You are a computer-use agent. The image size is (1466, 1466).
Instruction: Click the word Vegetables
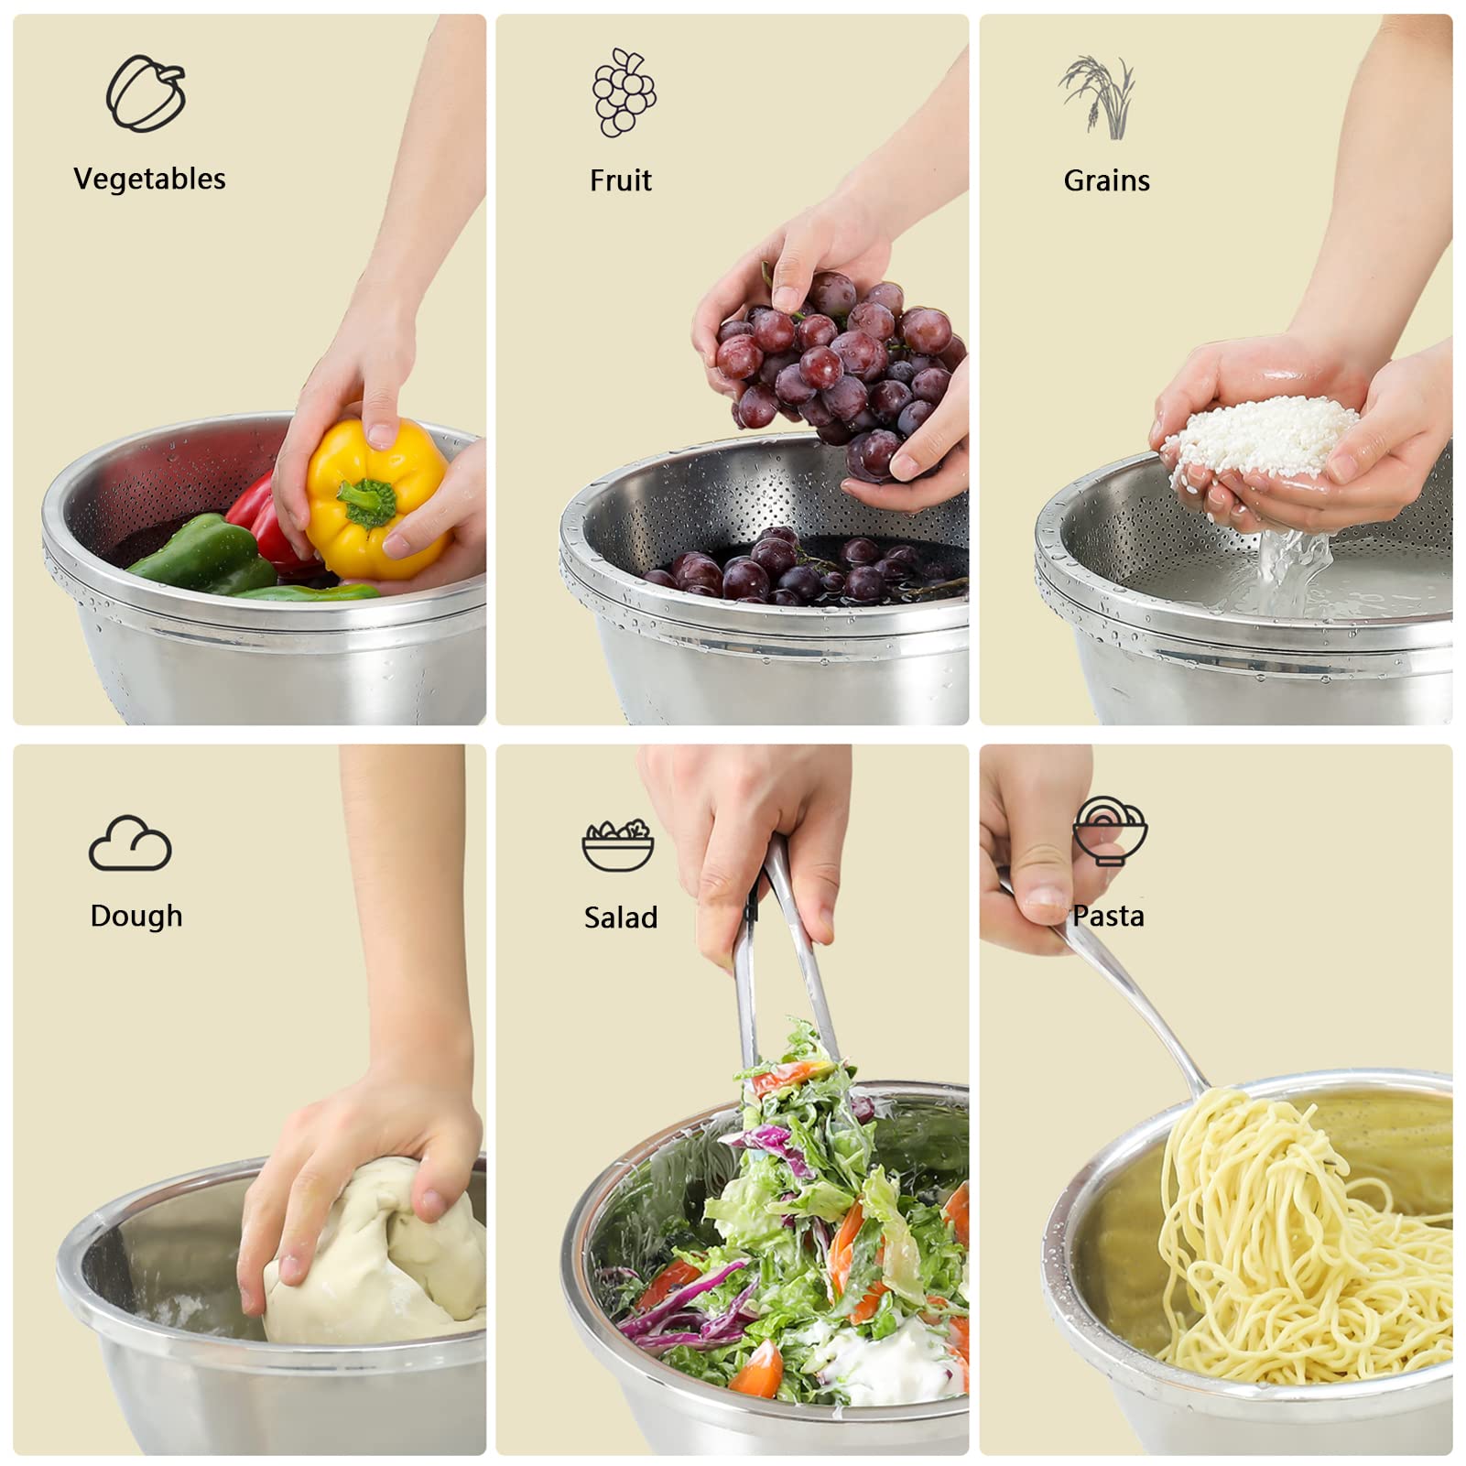click(x=149, y=179)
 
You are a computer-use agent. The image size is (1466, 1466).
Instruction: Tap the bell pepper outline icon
click(x=147, y=93)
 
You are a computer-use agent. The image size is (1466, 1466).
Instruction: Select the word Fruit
click(x=620, y=180)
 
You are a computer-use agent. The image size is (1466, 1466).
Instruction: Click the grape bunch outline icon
click(x=624, y=93)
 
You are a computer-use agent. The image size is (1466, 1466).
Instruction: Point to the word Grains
click(x=1106, y=180)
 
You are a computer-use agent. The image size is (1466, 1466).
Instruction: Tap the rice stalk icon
click(x=1099, y=96)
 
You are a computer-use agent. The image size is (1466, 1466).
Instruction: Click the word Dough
click(x=136, y=916)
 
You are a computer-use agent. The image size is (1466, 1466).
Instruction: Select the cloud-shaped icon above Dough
click(x=130, y=844)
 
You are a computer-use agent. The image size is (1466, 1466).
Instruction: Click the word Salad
click(x=621, y=918)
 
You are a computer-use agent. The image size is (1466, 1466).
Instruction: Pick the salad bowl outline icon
click(x=618, y=845)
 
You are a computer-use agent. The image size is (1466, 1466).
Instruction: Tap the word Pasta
click(x=1109, y=916)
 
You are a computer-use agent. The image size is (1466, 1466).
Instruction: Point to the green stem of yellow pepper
click(x=367, y=503)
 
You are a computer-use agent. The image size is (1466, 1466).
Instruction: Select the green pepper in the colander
click(x=206, y=555)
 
